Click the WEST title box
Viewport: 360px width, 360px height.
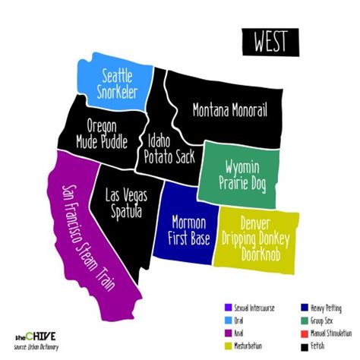pyautogui.click(x=270, y=40)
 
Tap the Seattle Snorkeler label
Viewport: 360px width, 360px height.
pyautogui.click(x=113, y=84)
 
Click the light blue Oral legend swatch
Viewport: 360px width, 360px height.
pyautogui.click(x=227, y=320)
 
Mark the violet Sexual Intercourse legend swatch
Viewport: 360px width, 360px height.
pyautogui.click(x=227, y=308)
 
